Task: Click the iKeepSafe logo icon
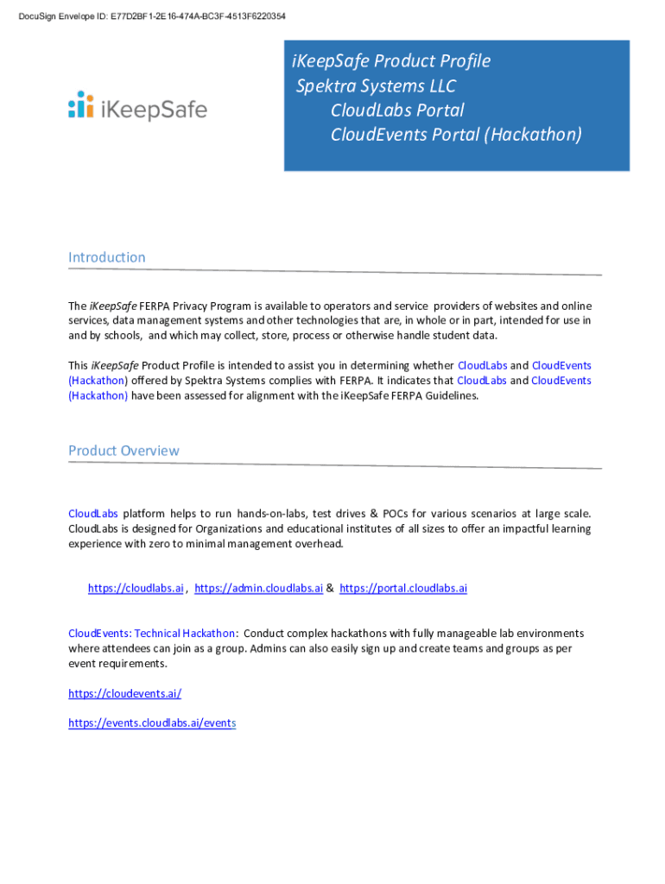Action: click(81, 104)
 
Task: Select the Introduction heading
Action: click(107, 257)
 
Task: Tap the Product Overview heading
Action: click(123, 451)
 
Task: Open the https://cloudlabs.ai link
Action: click(136, 589)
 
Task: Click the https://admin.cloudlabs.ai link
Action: click(258, 589)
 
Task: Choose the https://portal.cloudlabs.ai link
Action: click(403, 589)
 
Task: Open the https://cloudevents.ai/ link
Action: click(124, 693)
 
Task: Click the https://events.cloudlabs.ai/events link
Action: click(152, 723)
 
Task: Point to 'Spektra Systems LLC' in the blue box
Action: click(376, 86)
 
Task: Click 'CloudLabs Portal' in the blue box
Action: click(397, 110)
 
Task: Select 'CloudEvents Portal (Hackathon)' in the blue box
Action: click(456, 135)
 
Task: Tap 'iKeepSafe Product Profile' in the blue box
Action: click(391, 61)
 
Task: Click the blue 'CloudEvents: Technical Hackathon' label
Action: click(151, 634)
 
